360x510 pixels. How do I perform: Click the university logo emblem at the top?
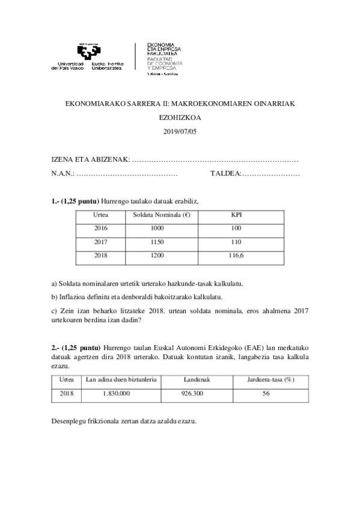(x=88, y=52)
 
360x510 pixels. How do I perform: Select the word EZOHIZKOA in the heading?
(x=180, y=119)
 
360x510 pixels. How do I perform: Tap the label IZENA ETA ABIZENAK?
(x=90, y=159)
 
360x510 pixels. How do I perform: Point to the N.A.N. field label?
(x=63, y=173)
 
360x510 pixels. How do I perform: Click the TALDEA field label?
(x=225, y=173)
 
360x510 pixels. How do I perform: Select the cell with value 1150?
(x=157, y=242)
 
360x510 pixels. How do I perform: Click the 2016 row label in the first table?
(x=102, y=229)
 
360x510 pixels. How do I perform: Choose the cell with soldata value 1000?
(x=157, y=229)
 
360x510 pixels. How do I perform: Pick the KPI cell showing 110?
(x=236, y=242)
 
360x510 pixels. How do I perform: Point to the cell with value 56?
(x=266, y=393)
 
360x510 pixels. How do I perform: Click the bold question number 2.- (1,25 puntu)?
(x=76, y=348)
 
